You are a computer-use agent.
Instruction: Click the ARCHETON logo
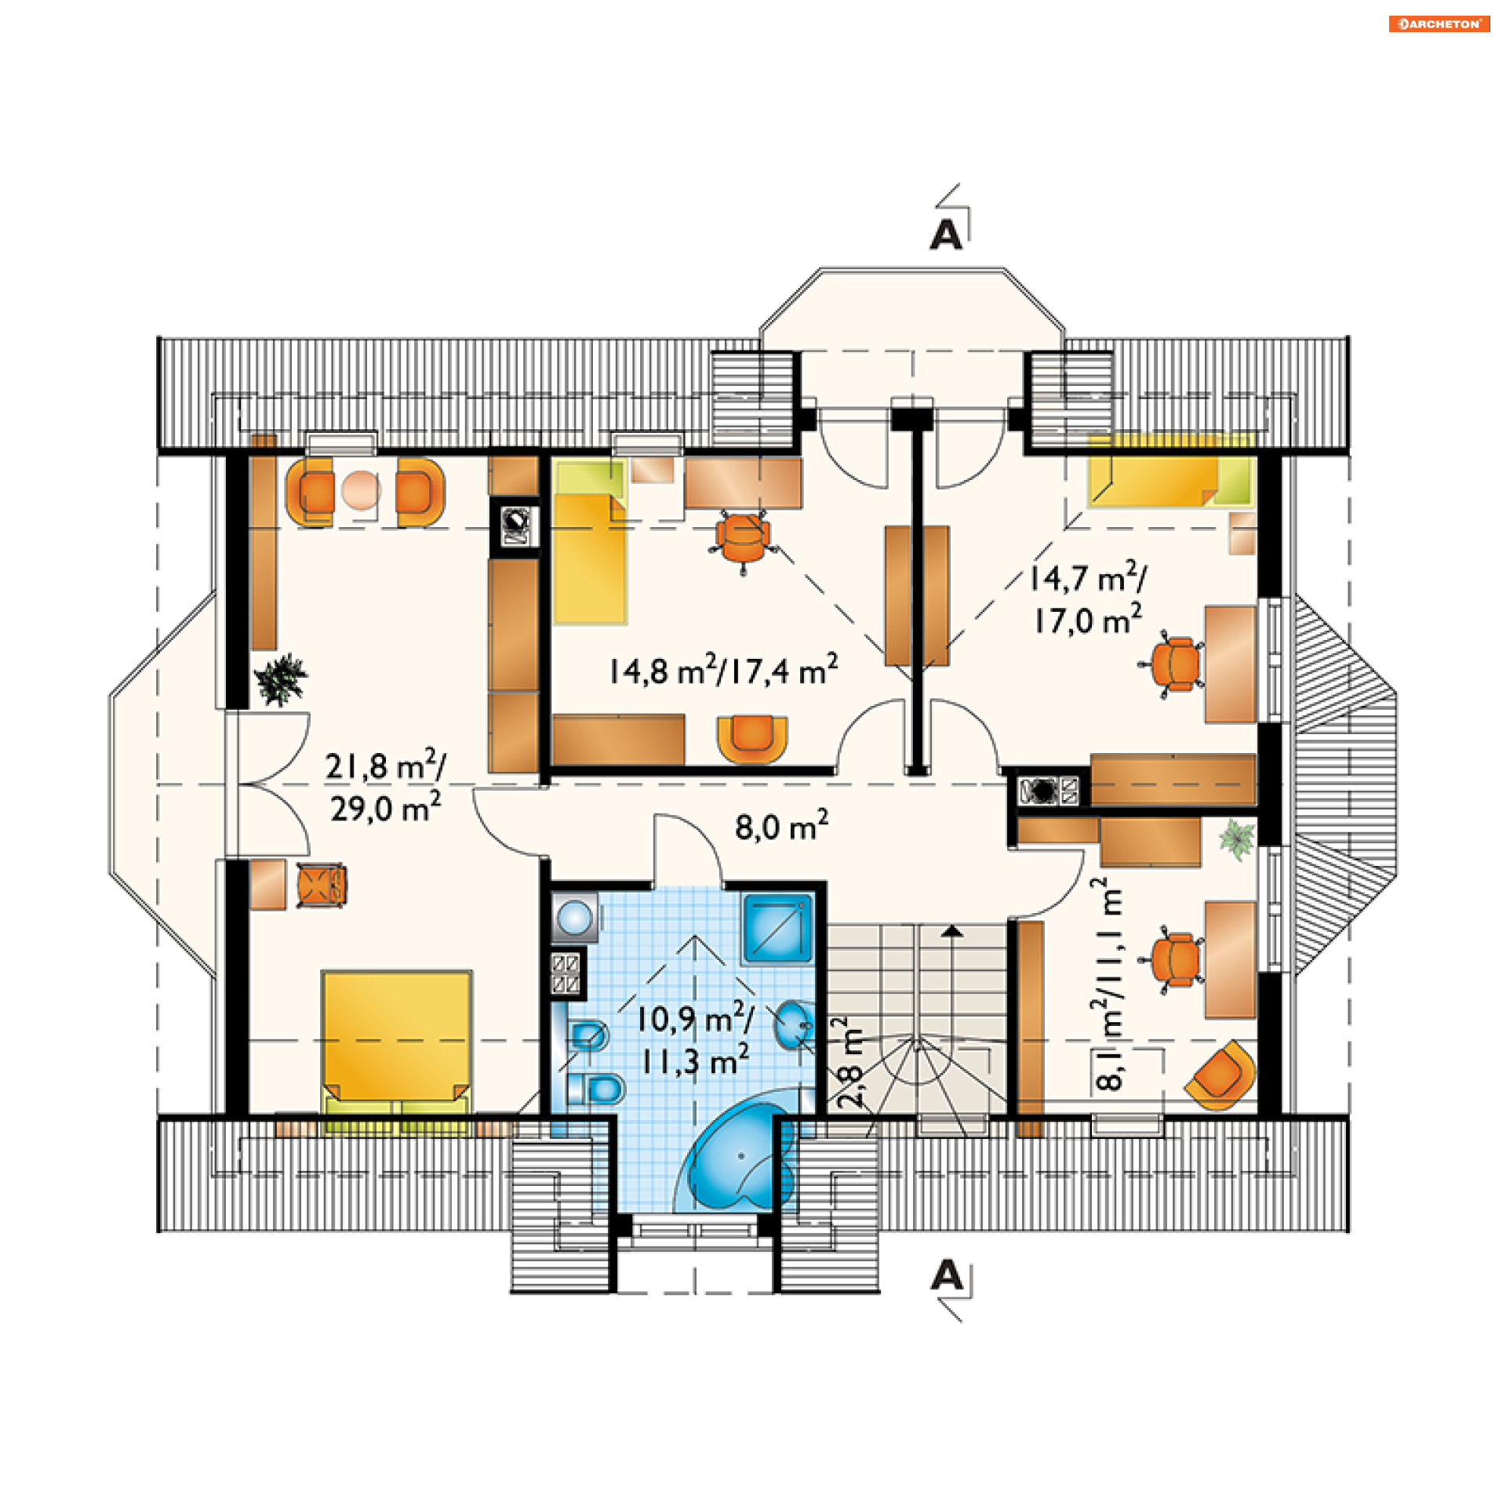(1439, 24)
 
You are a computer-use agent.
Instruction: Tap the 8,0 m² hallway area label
(781, 826)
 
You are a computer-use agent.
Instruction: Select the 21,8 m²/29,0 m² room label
(385, 787)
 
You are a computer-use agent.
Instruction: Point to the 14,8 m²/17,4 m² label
(723, 671)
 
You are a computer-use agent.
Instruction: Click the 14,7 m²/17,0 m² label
(1087, 598)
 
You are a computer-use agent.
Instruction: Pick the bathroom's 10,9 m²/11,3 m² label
(695, 1040)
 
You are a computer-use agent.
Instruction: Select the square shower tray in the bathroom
(777, 928)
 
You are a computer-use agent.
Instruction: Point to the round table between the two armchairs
(362, 490)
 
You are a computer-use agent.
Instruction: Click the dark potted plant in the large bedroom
(280, 679)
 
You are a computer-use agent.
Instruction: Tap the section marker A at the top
(946, 235)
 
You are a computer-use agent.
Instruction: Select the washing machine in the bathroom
(575, 917)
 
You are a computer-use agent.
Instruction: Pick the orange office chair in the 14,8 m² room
(742, 539)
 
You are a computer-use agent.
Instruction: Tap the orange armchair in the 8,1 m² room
(1220, 1075)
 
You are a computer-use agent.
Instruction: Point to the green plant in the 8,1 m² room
(1238, 840)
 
